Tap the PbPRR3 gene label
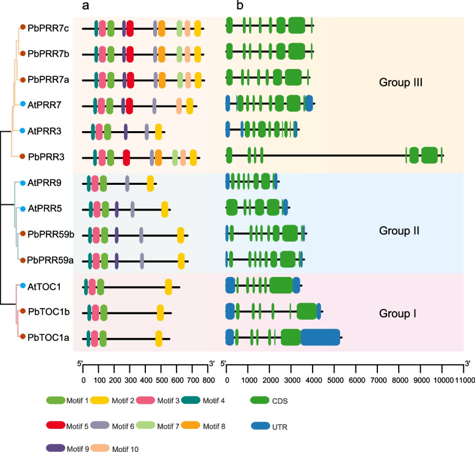(x=43, y=157)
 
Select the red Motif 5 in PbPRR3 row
(x=126, y=157)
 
